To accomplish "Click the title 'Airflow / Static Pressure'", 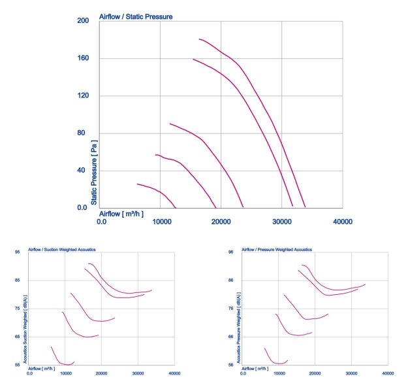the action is pyautogui.click(x=136, y=17).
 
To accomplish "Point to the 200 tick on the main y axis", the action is pyautogui.click(x=83, y=20).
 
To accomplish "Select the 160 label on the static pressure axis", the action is pyautogui.click(x=83, y=58).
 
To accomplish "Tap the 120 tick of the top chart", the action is pyautogui.click(x=83, y=95).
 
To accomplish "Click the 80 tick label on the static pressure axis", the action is pyautogui.click(x=81, y=133).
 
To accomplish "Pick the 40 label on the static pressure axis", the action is pyautogui.click(x=81, y=170).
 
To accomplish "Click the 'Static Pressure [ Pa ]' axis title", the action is pyautogui.click(x=94, y=173).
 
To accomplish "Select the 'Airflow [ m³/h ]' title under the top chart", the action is pyautogui.click(x=121, y=214).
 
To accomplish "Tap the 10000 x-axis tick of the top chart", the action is pyautogui.click(x=162, y=222).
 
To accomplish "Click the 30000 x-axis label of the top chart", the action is pyautogui.click(x=282, y=222).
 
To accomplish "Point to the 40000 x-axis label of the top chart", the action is pyautogui.click(x=343, y=222).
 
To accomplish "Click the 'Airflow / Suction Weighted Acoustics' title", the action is pyautogui.click(x=62, y=250).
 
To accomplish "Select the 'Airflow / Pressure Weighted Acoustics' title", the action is pyautogui.click(x=277, y=250).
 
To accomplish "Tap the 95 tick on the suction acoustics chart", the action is pyautogui.click(x=17, y=252).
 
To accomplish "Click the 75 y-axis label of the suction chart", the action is pyautogui.click(x=17, y=309).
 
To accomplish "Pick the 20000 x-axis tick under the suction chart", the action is pyautogui.click(x=101, y=373).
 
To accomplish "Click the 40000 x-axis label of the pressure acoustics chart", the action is pyautogui.click(x=388, y=373).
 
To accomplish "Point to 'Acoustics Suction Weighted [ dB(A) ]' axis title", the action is pyautogui.click(x=25, y=329).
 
